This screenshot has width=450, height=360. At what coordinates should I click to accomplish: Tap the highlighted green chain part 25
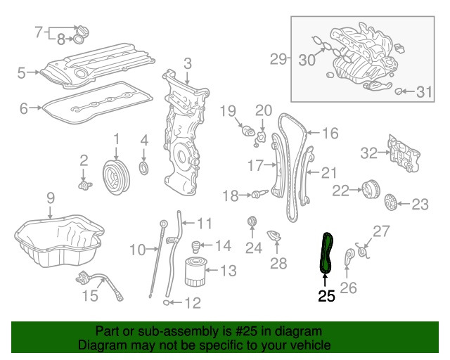coord(325,254)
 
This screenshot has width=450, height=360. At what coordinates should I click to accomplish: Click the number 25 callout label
coord(326,297)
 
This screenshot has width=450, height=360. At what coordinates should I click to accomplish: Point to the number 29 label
coord(279,59)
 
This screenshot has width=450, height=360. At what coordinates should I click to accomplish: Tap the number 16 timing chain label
coord(330,132)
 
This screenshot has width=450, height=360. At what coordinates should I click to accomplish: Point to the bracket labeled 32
coord(405,155)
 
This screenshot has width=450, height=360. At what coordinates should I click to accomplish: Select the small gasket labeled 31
coord(399,91)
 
